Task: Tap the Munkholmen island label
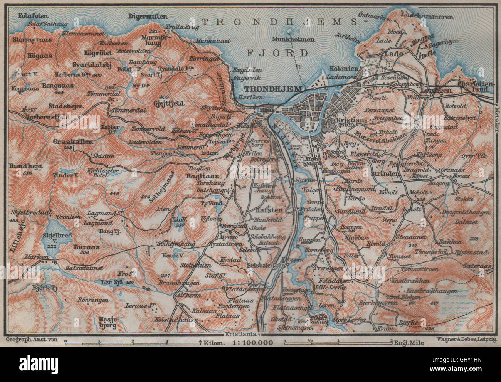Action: click(x=293, y=39)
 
